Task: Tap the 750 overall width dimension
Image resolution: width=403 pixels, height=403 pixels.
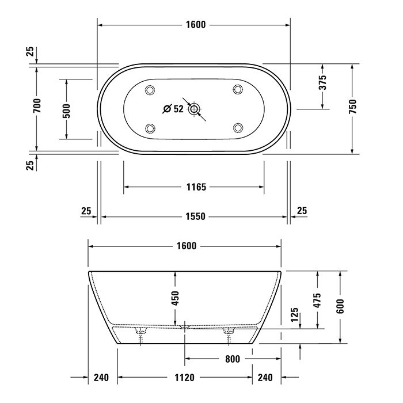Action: point(353,108)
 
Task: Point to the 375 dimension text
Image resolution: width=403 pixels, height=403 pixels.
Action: point(323,82)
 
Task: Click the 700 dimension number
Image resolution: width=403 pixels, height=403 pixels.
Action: point(36,105)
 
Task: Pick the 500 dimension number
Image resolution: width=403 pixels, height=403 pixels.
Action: point(66,109)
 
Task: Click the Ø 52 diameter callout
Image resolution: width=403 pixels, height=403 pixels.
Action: point(173,108)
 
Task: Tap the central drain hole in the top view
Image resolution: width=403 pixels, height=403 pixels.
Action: point(194,108)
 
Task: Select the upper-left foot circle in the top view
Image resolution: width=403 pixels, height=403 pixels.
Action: point(151,89)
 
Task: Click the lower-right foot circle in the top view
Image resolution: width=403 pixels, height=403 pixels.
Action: point(237,127)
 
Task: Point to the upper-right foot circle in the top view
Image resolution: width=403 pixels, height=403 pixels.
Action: point(237,89)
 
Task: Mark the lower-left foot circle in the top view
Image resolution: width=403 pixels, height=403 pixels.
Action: point(151,127)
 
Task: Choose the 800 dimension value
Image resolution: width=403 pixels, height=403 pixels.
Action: point(232,359)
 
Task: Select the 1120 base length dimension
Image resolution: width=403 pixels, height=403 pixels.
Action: point(184,378)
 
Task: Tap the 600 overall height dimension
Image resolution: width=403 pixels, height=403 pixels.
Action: point(341,307)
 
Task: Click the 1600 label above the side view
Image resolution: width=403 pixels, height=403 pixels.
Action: point(184,246)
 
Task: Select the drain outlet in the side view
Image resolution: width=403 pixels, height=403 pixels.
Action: point(184,326)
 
